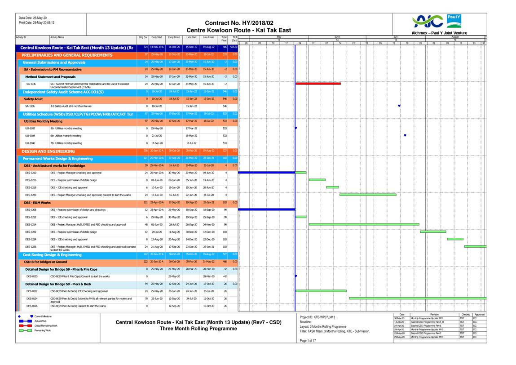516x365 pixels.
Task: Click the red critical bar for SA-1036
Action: pos(318,83)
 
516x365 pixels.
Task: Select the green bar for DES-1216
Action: pos(317,180)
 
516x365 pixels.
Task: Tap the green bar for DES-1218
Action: pos(332,187)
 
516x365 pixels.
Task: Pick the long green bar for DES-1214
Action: pos(364,224)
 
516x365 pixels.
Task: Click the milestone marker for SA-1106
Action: pos(399,106)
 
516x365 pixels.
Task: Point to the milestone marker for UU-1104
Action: pos(405,135)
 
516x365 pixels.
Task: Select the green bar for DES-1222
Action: pos(433,231)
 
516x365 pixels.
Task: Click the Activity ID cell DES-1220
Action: pos(31,195)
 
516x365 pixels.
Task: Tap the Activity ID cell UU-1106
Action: pos(29,143)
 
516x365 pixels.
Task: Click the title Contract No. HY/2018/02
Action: pos(239,23)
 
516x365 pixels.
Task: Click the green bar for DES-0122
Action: pos(321,291)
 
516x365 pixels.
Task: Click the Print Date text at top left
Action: pos(37,22)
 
